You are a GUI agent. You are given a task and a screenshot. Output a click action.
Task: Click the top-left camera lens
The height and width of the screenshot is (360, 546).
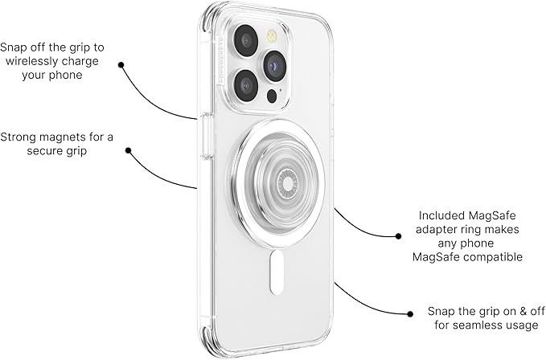coord(246,40)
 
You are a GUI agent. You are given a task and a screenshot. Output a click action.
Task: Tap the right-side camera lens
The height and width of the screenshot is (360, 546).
coord(275,66)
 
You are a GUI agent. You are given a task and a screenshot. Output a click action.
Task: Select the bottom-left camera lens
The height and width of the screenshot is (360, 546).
coord(246,85)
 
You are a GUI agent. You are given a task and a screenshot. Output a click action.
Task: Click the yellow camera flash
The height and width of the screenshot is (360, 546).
coord(271,36)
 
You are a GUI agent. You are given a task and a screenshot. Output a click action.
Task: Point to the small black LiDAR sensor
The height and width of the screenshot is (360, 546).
coord(272,96)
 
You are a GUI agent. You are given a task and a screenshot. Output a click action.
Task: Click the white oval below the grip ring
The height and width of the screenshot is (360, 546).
coord(277,272)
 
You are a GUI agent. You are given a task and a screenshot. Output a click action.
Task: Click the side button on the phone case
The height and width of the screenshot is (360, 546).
coord(207,136)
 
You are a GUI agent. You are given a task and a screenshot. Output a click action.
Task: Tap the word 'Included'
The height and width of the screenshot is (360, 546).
coord(441,215)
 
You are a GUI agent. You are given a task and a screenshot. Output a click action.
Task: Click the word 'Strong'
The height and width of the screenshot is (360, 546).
coord(18,137)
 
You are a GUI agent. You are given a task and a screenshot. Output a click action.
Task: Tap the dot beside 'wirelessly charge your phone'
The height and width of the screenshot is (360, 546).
coord(121,65)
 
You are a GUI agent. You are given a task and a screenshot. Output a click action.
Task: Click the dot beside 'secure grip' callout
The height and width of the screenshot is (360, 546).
coord(128,150)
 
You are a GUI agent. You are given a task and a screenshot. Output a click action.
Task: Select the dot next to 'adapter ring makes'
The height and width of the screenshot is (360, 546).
coord(398,236)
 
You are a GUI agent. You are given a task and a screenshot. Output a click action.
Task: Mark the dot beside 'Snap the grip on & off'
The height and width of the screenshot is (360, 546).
coord(410,314)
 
